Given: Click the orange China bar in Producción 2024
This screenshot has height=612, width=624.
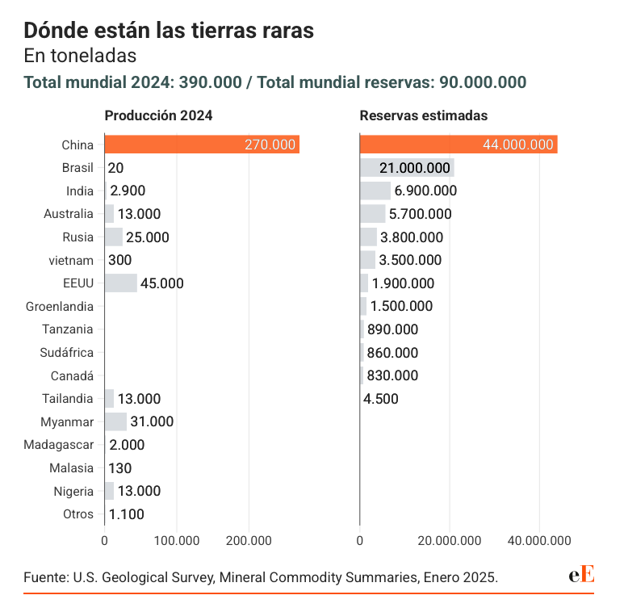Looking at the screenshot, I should (x=202, y=145).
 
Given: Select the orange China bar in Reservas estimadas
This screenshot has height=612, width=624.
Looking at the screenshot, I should (x=458, y=145).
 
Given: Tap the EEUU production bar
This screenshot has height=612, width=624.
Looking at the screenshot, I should (x=121, y=283).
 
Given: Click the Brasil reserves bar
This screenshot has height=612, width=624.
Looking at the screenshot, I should (x=407, y=168).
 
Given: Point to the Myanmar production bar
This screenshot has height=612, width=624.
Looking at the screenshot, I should (x=115, y=421).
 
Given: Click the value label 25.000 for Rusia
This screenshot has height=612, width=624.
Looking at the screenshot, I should (x=148, y=237).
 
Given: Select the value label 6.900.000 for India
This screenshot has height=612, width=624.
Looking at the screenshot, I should (x=425, y=191).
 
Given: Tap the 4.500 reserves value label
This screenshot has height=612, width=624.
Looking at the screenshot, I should (x=381, y=399).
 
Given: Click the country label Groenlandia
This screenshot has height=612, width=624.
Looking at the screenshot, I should (x=60, y=307).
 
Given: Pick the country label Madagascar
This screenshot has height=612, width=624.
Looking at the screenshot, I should (x=59, y=445).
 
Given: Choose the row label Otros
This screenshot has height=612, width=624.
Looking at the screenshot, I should (x=78, y=514).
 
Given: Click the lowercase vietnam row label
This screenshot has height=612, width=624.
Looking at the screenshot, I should (x=72, y=260).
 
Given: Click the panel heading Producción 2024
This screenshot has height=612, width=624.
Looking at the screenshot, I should (x=158, y=115).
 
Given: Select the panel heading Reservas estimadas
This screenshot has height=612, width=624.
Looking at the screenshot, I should (x=423, y=115).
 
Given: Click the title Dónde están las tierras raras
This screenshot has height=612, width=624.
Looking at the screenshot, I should (x=169, y=31).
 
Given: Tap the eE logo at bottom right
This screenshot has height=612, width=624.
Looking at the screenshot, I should (x=581, y=575).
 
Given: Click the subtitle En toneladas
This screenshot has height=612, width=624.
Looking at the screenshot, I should (x=80, y=57).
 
